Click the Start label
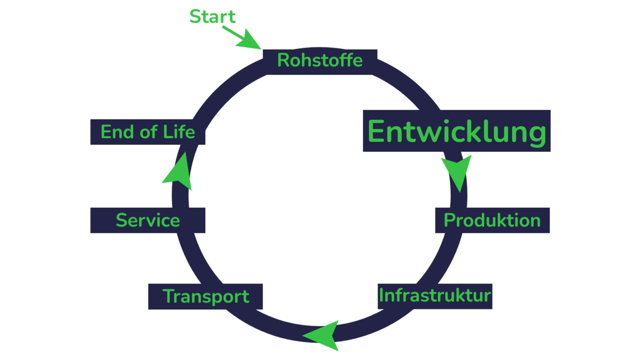[x=212, y=17]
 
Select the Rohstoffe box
[x=320, y=61]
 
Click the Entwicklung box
[x=456, y=131]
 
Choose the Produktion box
[x=492, y=220]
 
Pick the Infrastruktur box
[x=435, y=296]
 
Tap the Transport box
[x=206, y=296]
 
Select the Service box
[x=148, y=220]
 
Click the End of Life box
[x=148, y=132]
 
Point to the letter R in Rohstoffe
[x=283, y=61]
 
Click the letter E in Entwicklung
[x=376, y=131]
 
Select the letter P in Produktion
[x=450, y=220]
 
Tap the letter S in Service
[x=122, y=220]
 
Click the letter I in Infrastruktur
[x=381, y=296]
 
